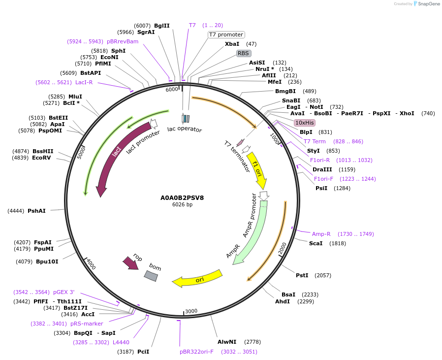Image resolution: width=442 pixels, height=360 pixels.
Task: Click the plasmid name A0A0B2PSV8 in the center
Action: point(182,198)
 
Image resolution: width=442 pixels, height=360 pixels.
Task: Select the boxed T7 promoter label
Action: point(226,34)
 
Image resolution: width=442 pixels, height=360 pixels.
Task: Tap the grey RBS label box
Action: point(244,53)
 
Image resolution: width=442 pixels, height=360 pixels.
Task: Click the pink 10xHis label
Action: point(304,123)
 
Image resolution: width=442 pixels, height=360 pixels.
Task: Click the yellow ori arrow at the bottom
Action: point(197,279)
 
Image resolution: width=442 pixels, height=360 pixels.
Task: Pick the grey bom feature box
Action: point(151,276)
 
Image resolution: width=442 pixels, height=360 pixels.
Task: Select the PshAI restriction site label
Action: point(36,211)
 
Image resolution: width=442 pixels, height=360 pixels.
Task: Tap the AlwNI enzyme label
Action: point(227,342)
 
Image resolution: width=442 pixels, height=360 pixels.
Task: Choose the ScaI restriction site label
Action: point(316,243)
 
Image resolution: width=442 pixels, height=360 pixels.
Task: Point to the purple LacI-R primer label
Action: point(84,82)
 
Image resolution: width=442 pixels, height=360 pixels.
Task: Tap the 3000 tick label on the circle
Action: point(191,311)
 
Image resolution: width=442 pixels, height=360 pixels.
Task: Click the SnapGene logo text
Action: point(428,4)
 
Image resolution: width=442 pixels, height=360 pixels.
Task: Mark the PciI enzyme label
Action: point(143,352)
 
